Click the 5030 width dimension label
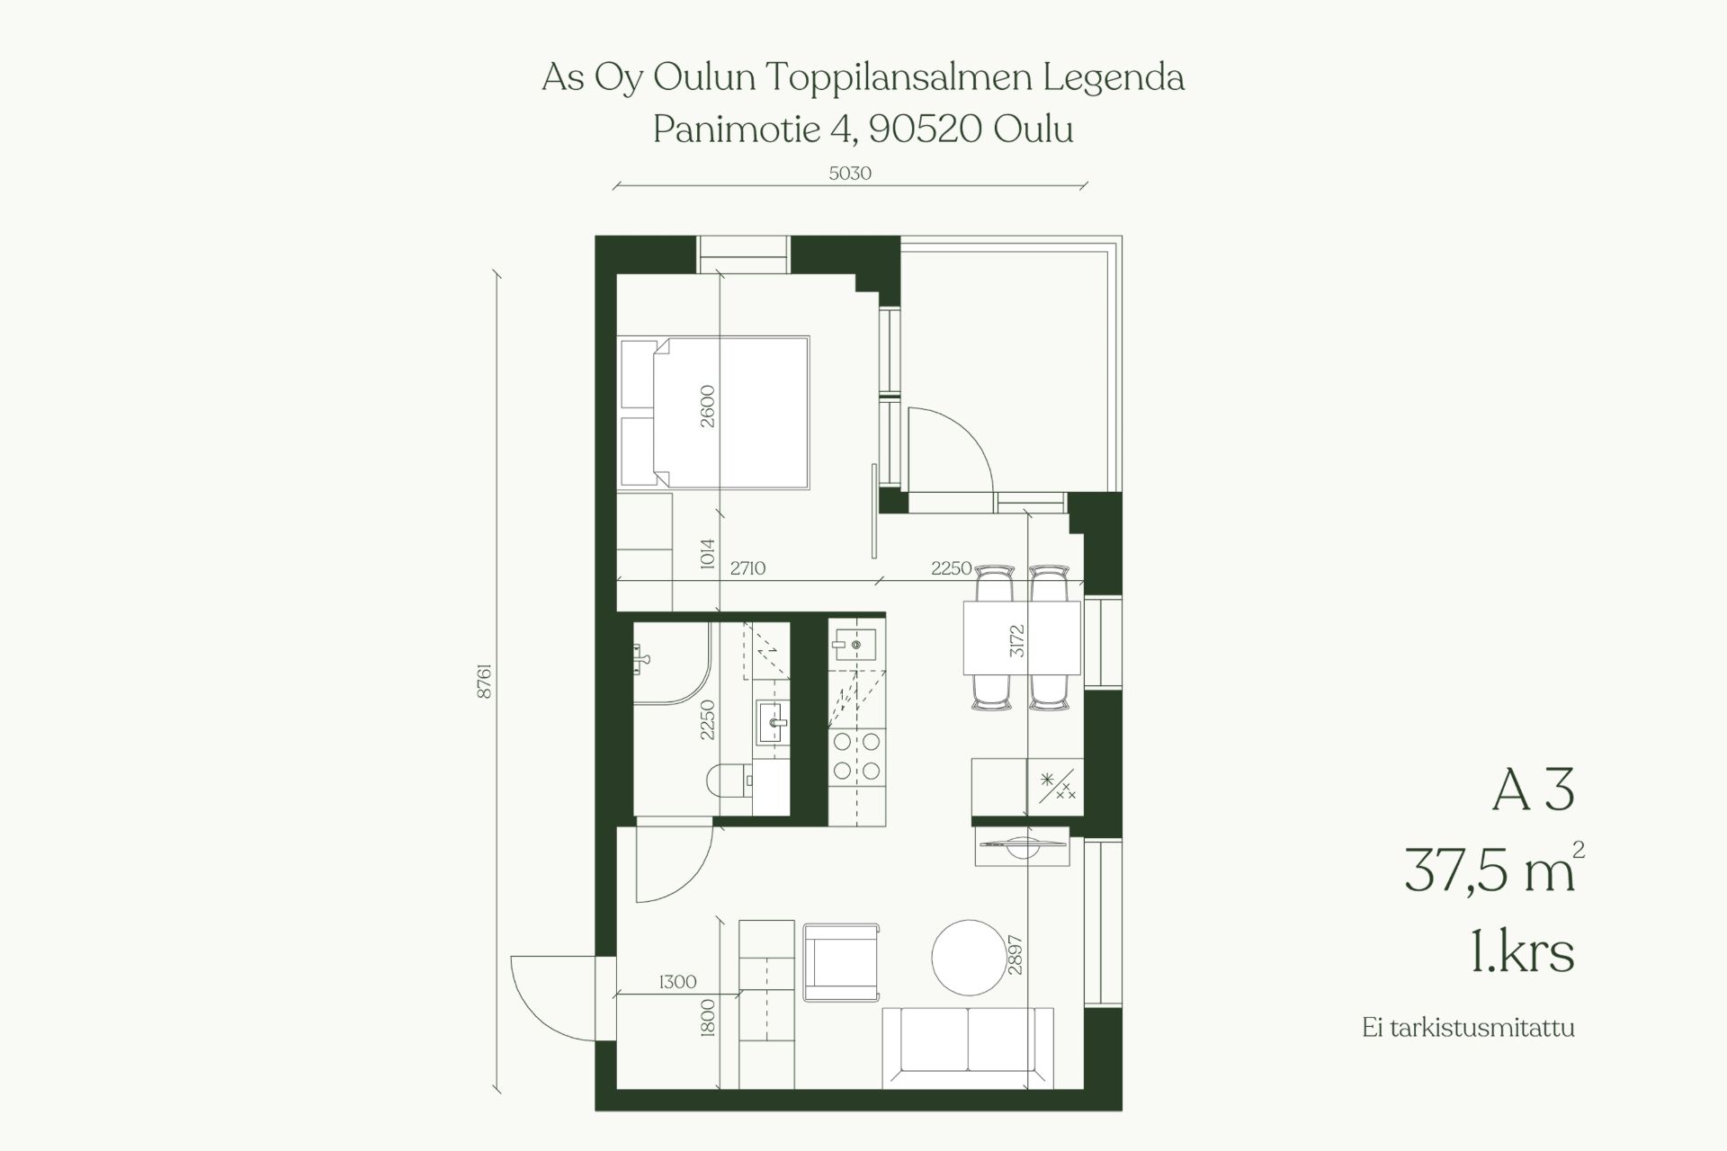[850, 173]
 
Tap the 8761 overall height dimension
[485, 682]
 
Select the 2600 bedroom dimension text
[707, 406]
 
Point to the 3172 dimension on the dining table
[1016, 640]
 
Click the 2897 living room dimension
[1016, 956]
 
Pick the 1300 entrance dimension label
[677, 982]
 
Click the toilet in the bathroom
[729, 781]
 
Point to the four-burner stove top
[856, 756]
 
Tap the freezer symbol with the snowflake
[1056, 787]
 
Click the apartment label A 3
[1535, 791]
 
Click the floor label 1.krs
[1522, 952]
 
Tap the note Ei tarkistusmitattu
[1468, 1028]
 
